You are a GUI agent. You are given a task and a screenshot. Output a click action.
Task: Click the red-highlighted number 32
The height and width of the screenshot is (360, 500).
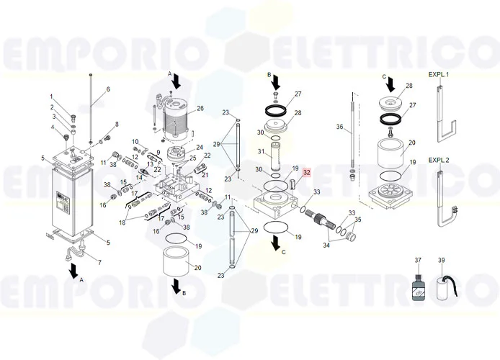coord(306,173)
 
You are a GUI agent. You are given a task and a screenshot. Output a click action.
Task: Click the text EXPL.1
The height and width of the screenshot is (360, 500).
coord(438,75)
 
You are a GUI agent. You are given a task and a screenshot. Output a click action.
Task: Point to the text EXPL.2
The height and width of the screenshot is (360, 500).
coord(438,160)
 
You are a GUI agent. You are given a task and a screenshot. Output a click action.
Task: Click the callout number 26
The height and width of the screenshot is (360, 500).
coord(200,109)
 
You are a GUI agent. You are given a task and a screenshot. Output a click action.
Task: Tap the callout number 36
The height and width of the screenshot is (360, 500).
coord(339,127)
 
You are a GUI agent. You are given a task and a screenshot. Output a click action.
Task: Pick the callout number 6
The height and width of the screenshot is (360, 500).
coord(108,89)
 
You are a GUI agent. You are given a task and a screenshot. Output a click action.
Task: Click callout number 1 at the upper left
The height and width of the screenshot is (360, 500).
coord(51,96)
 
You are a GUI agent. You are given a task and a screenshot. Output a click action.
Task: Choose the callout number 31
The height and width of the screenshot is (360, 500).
coord(262,151)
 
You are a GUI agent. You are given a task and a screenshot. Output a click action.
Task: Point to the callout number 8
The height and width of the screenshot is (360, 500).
coord(117,125)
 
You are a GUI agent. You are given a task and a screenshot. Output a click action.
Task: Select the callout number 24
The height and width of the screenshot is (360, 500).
coord(200,147)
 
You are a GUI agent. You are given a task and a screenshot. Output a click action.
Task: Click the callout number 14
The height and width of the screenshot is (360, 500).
coord(140,177)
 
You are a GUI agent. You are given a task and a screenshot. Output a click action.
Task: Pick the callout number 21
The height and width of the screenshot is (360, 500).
coord(205,174)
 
